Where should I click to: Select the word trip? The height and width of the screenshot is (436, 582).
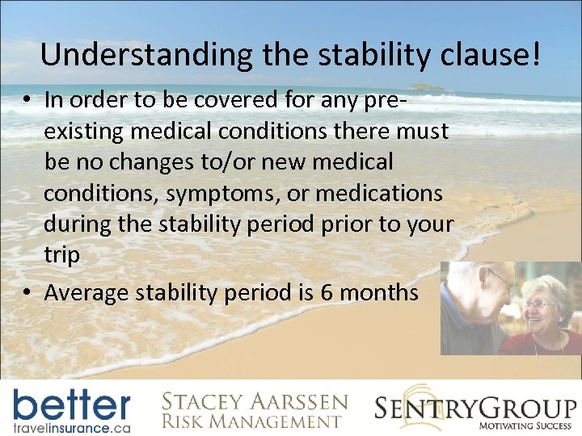tap(61, 255)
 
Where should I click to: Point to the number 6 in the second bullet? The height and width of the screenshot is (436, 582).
tap(327, 291)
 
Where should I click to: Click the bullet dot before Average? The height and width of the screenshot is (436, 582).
tap(27, 292)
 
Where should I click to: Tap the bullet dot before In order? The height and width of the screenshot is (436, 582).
tap(27, 100)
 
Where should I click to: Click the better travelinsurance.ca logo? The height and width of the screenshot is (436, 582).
tap(71, 410)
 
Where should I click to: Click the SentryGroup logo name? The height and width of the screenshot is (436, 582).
tap(475, 406)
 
